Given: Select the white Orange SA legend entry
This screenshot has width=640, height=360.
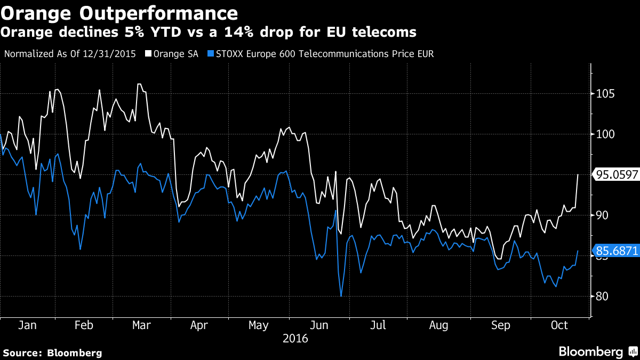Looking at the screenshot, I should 172,54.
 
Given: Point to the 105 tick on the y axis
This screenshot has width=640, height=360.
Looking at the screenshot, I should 604,94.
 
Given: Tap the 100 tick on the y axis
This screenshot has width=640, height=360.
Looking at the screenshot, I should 604,134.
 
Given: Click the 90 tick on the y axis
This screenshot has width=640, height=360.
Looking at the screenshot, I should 602,215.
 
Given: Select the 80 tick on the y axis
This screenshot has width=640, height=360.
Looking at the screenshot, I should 602,297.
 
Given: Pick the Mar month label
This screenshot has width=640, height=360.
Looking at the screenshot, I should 141,325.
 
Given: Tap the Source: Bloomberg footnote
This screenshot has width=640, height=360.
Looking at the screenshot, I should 52,353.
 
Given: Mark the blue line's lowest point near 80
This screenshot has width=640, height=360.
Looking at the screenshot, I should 340,296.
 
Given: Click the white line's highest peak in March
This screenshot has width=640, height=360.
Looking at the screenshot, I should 139,84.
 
